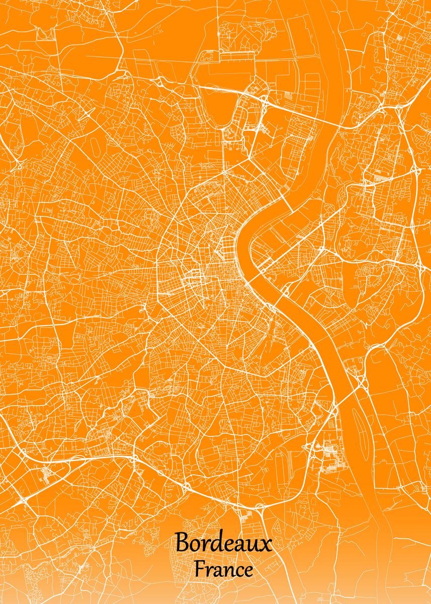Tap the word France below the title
click(224, 570)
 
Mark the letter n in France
click(226, 572)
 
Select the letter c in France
click(237, 572)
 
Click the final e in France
click(248, 572)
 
